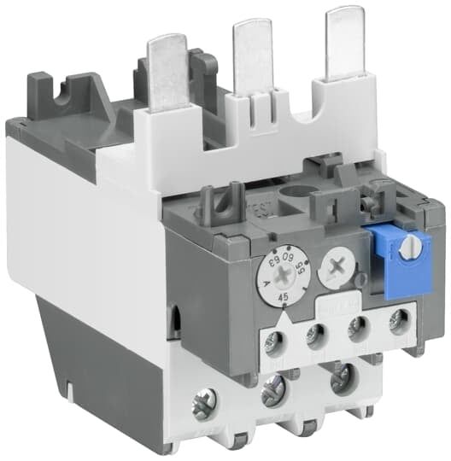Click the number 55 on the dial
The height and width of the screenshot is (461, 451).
coord(300,271)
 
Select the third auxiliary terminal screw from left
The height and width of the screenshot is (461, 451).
coord(359,327)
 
